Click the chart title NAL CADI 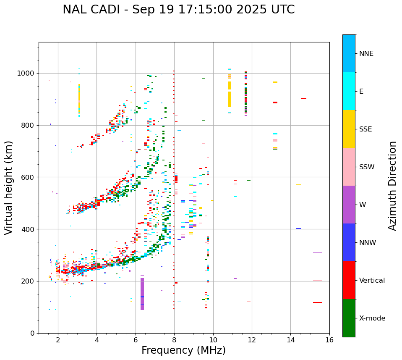coord(178,10)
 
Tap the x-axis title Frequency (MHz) coord(183,350)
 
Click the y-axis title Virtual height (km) coord(9,188)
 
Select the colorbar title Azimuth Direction coord(392,186)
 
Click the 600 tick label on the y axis coord(28,177)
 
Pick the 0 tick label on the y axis coord(33,333)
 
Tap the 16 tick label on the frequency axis coord(329,340)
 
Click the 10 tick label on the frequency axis coord(213,340)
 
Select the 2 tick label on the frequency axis coord(58,340)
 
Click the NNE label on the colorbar coord(366,54)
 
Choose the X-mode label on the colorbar coord(372,318)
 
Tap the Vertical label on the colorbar coord(372,281)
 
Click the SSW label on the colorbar coord(366,167)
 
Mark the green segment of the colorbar coord(349,318)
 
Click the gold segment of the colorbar coord(349,129)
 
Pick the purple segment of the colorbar coord(349,205)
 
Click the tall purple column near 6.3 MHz coord(142,294)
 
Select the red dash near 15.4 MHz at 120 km coord(318,302)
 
